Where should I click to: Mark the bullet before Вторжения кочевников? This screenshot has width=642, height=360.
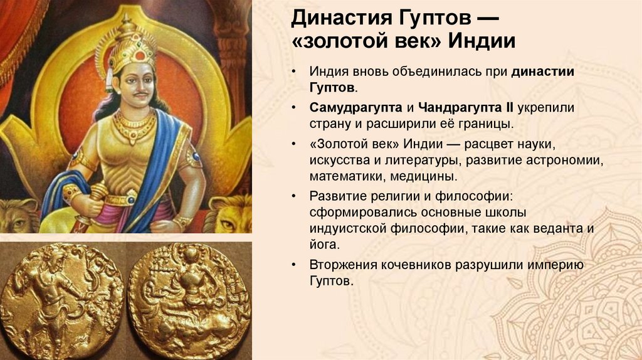coord(293,266)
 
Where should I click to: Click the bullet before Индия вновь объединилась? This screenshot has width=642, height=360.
coord(293,73)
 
